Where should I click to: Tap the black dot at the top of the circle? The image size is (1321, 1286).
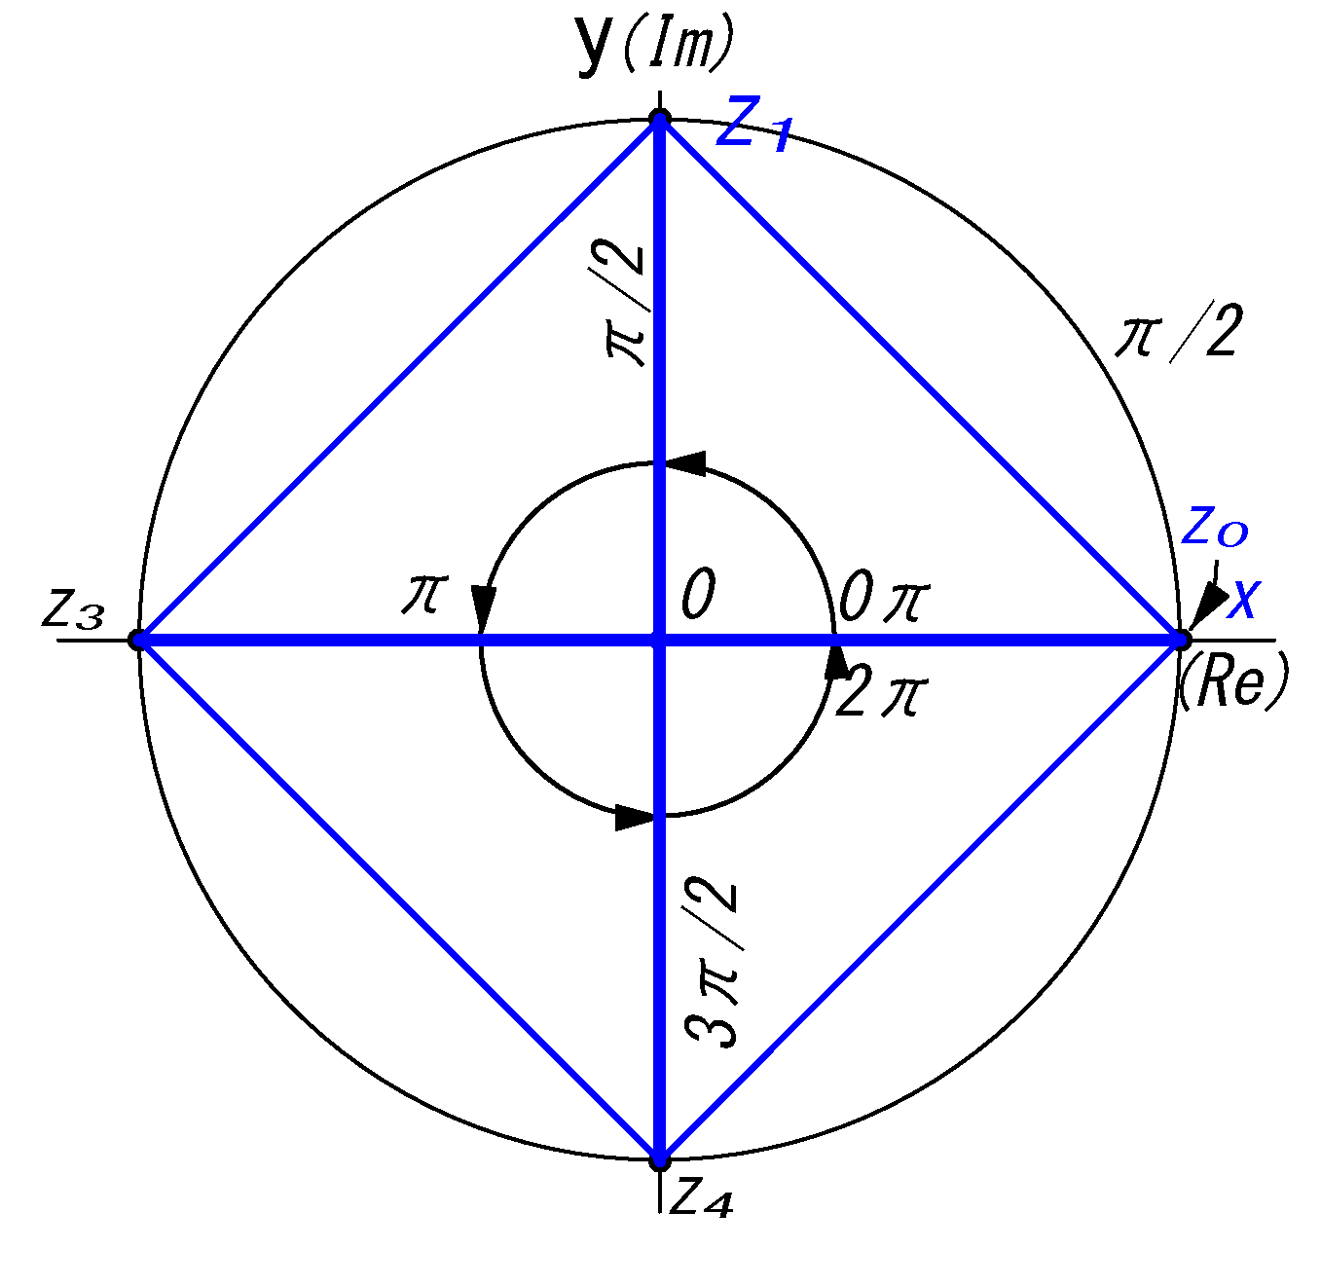[660, 120]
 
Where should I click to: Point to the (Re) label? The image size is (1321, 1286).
[1232, 680]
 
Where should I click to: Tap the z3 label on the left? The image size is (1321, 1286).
[73, 610]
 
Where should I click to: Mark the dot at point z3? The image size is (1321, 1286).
[138, 640]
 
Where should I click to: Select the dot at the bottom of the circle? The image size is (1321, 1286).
[660, 1159]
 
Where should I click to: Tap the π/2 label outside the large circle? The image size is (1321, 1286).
[1178, 334]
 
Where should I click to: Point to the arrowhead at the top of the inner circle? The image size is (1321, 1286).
[687, 463]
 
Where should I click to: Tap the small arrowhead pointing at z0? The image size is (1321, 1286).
[1208, 604]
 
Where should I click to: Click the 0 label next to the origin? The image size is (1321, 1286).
[698, 594]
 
